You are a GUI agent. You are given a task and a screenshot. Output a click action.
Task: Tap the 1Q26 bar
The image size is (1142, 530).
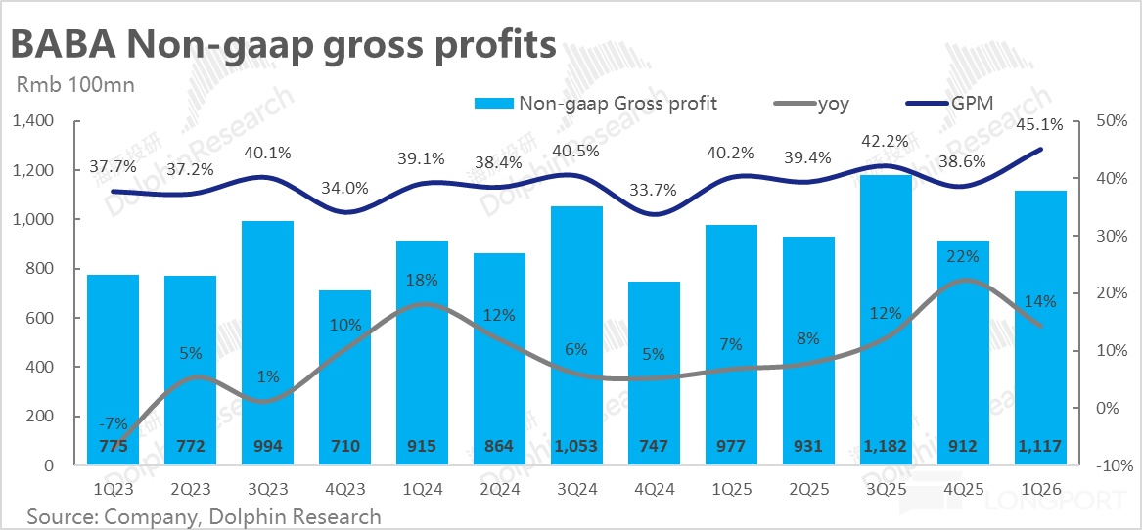pyautogui.click(x=1041, y=323)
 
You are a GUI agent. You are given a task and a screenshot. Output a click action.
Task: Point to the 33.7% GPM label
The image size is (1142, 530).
pyautogui.click(x=654, y=190)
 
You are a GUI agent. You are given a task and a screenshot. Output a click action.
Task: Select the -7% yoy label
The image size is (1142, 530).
pyautogui.click(x=114, y=423)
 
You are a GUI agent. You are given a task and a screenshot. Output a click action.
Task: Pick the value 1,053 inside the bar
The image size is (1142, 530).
pyautogui.click(x=576, y=447)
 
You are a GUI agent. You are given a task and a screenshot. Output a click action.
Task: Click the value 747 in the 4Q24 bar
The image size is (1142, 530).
pyautogui.click(x=654, y=447)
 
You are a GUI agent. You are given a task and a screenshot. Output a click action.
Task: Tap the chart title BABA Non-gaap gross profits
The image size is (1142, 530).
pyautogui.click(x=284, y=45)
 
